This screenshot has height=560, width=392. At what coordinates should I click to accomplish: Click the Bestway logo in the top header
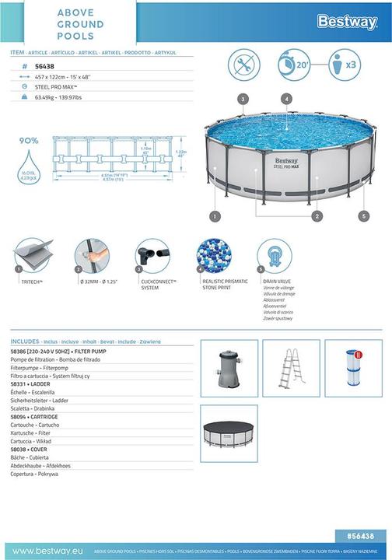tap(347, 22)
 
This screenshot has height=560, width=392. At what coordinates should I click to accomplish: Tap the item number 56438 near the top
tap(45, 67)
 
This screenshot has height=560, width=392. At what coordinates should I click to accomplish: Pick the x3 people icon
tap(346, 65)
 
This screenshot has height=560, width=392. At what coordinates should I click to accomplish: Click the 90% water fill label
tap(29, 141)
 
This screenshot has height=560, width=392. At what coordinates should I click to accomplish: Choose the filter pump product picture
tap(229, 368)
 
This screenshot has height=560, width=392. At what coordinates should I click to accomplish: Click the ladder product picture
tap(291, 368)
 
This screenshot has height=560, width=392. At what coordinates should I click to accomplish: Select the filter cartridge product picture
tap(353, 368)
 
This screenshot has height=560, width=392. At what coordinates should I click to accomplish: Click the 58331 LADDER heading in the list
tap(31, 384)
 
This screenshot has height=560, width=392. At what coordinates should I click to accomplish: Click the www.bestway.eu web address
tap(44, 551)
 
